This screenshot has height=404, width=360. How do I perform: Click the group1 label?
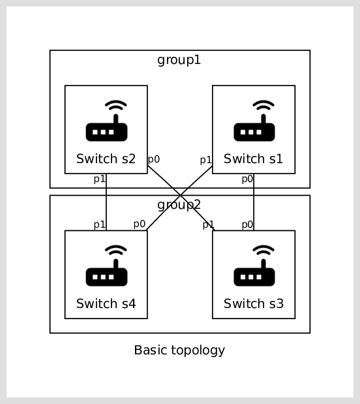179,60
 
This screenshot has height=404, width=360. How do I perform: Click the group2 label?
179,205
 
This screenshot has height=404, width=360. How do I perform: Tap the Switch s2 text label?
106,159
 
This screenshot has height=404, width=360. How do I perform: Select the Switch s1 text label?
254,159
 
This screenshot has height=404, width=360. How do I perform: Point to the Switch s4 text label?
106,303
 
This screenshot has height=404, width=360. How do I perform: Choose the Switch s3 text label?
254,303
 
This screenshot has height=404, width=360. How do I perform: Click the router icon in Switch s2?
106,121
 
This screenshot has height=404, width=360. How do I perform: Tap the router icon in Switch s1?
254,121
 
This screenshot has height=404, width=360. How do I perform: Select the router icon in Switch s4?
106,266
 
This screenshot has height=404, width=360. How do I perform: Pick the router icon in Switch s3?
254,266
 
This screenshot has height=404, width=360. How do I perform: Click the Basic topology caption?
179,350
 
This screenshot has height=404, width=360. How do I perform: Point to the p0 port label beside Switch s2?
154,159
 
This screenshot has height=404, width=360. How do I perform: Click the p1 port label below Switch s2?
99,179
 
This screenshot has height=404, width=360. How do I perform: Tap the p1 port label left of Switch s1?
205,161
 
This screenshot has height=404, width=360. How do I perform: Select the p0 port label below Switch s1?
247,179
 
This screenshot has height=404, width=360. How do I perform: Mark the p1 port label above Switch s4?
99,225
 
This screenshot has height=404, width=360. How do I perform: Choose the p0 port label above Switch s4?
140,224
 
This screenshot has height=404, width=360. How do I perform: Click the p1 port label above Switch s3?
208,225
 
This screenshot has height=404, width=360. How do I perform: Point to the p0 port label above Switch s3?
247,225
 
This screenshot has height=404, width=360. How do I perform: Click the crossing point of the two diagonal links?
180,196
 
